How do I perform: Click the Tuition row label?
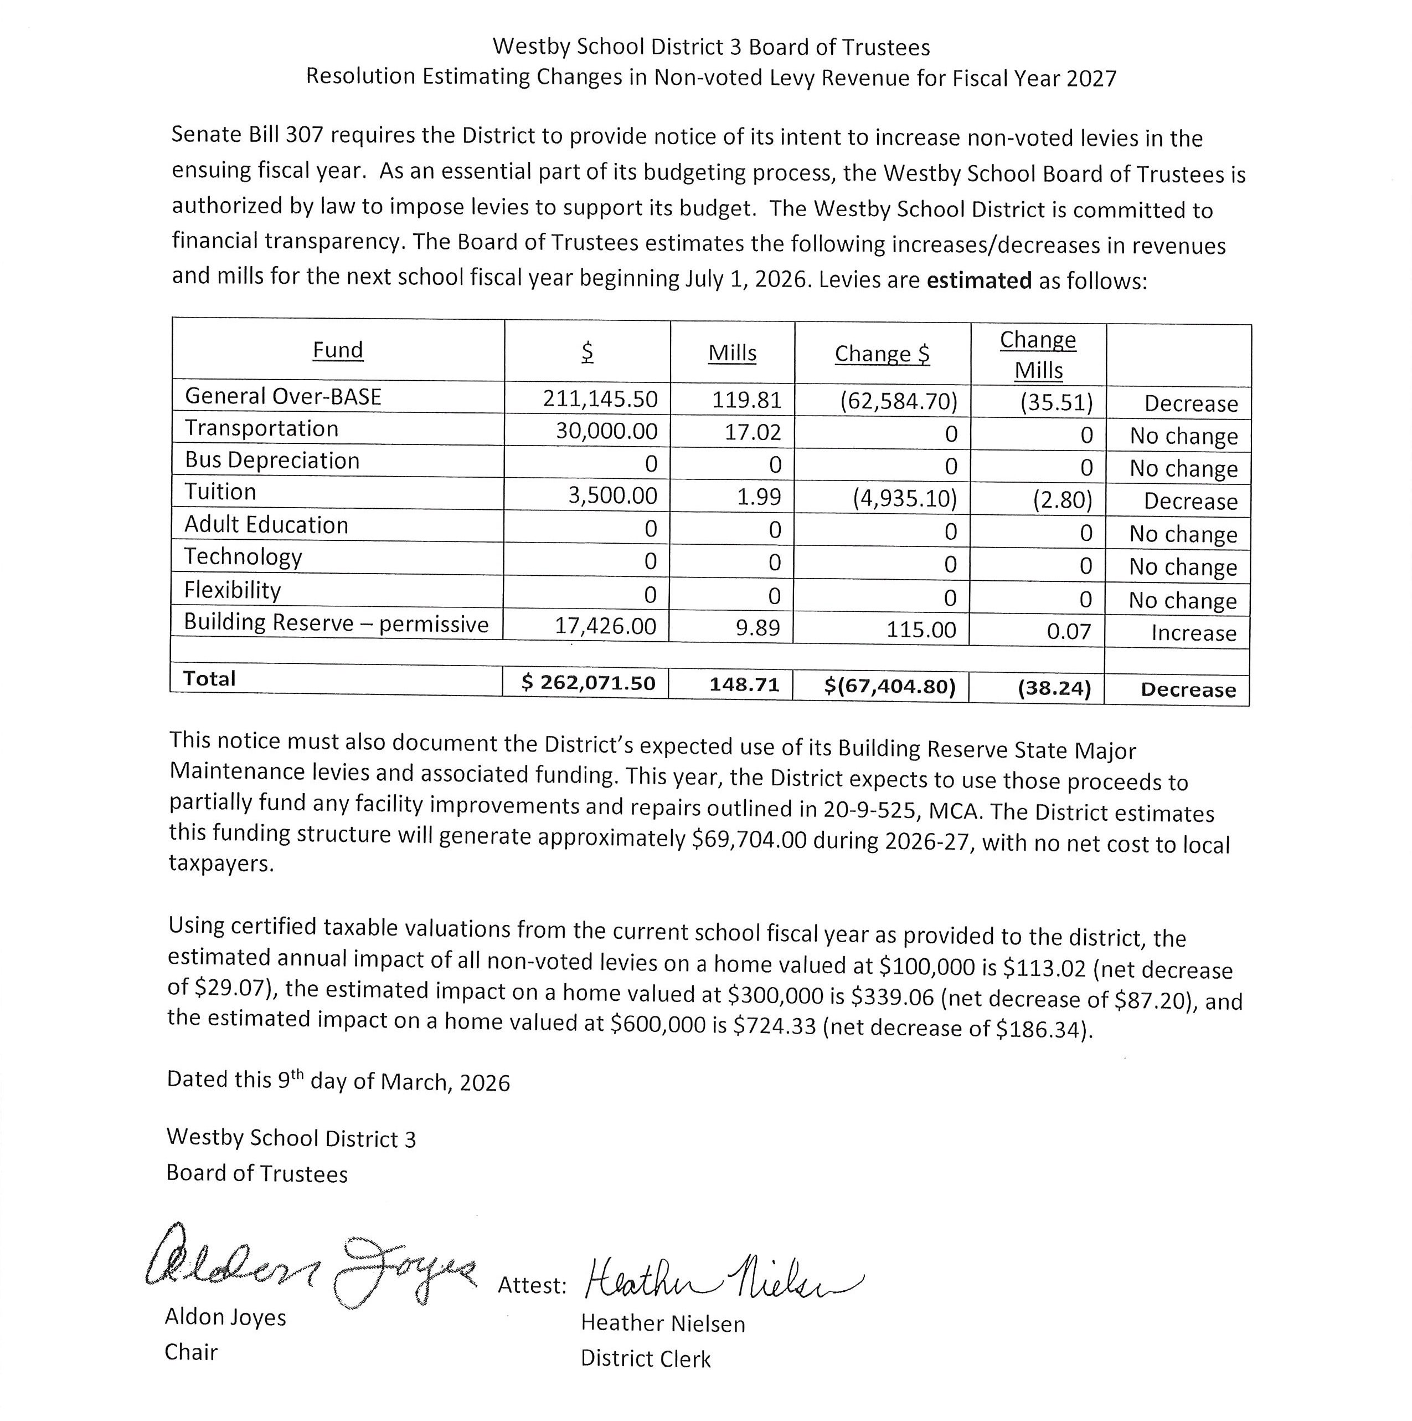tap(220, 492)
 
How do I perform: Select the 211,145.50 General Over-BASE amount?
tap(600, 398)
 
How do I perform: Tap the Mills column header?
tap(732, 353)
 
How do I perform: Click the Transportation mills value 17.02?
tap(753, 432)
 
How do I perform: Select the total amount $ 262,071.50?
tap(588, 683)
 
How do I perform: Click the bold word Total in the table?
tap(209, 679)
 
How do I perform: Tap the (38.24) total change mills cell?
tap(1054, 688)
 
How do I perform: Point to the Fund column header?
tap(337, 350)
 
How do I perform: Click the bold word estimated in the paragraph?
tap(979, 280)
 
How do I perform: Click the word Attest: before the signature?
tap(532, 1285)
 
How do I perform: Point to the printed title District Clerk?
tap(645, 1358)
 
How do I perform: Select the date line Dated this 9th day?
tap(338, 1081)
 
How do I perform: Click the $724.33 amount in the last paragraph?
tap(774, 1025)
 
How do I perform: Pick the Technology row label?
tap(243, 557)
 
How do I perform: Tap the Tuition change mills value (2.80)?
tap(1062, 500)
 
